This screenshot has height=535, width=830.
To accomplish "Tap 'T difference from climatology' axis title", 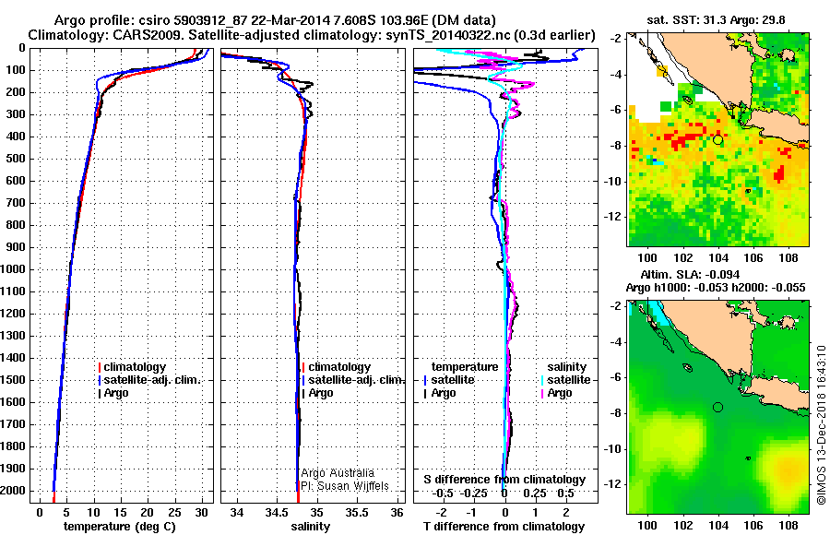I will [504, 527].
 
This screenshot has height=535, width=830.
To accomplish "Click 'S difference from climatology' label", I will [504, 480].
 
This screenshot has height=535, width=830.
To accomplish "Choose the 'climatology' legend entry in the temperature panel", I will [135, 367].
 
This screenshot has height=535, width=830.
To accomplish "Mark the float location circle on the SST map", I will [717, 140].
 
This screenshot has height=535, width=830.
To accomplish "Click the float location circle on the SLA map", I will [717, 407].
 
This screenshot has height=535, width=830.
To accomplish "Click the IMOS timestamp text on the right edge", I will [821, 424].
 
